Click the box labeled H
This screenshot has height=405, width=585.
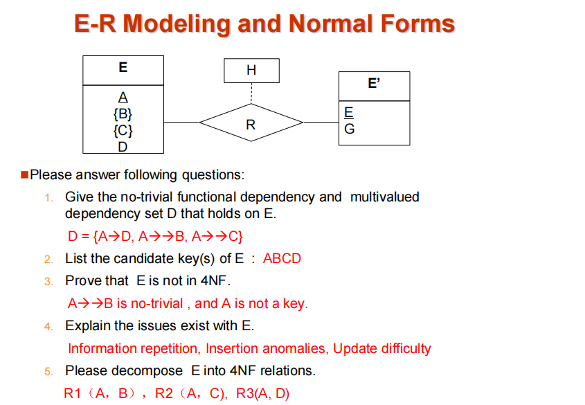click(x=251, y=71)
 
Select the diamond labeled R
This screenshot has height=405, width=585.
click(x=251, y=125)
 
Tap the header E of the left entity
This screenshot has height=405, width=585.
click(x=123, y=68)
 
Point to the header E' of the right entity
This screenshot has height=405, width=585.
click(x=374, y=84)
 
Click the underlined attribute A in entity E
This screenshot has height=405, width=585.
click(x=123, y=97)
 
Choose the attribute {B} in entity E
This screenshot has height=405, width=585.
click(x=123, y=113)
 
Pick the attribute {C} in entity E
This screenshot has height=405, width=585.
click(x=123, y=129)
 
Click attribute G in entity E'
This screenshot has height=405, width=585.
click(x=349, y=129)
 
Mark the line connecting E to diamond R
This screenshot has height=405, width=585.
click(x=181, y=123)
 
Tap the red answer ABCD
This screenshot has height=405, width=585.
click(x=282, y=259)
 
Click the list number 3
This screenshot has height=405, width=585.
click(x=48, y=281)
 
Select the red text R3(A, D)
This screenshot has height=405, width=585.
click(x=262, y=393)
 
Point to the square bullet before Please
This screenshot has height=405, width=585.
click(x=25, y=174)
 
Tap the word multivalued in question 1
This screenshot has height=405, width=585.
click(x=385, y=197)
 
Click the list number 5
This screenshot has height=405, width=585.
click(x=48, y=372)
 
